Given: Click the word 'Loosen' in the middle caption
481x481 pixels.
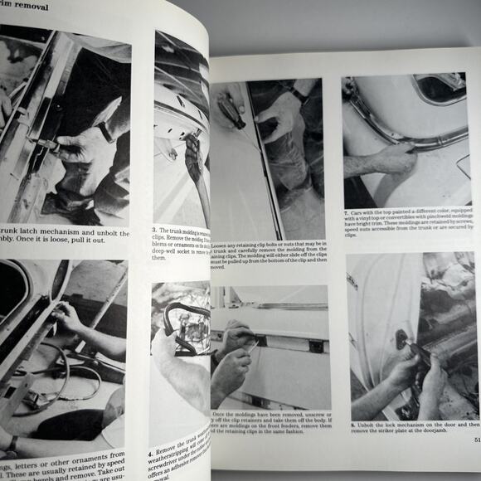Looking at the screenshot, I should click(x=225, y=244).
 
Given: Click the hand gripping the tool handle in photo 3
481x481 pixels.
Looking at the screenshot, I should click(x=192, y=158).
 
